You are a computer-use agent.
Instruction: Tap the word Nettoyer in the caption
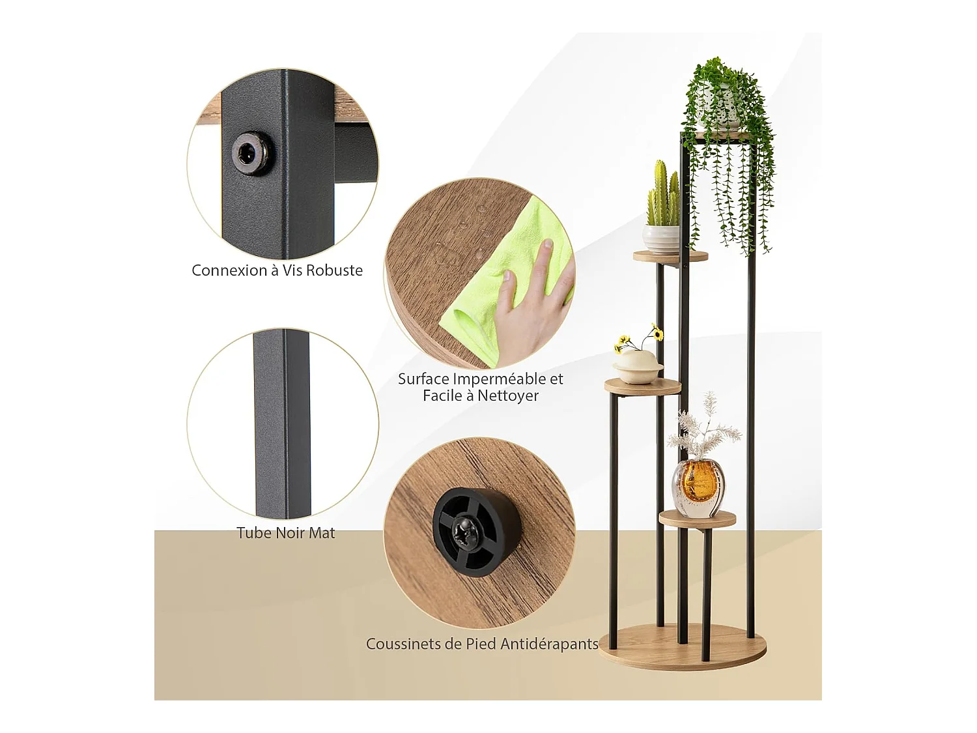[x=507, y=395]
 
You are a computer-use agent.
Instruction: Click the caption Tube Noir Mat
[x=285, y=533]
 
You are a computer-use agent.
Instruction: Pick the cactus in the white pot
[x=663, y=195]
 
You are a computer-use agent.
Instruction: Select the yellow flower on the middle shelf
[x=658, y=334]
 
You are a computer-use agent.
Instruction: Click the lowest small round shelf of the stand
[x=697, y=519]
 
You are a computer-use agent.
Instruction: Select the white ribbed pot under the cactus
[x=660, y=238]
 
